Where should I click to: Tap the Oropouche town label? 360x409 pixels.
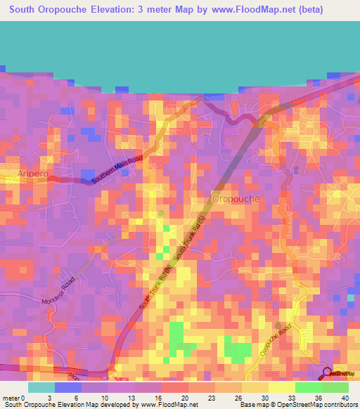point(236,199)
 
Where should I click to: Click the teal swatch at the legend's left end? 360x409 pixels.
point(41,387)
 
